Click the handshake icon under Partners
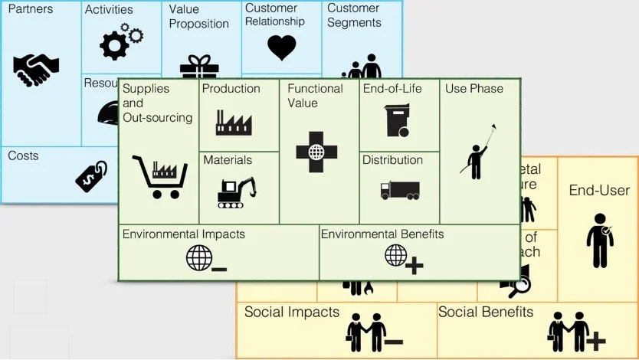tap(36, 70)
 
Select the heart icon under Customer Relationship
tap(281, 47)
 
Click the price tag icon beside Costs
tap(91, 175)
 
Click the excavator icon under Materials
tap(236, 192)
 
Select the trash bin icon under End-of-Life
tap(396, 120)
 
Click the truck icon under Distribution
tap(400, 190)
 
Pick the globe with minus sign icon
tap(205, 258)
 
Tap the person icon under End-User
tap(599, 240)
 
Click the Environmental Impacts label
tap(184, 234)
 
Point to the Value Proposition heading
tap(198, 17)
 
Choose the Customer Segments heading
tap(354, 16)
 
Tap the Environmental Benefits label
tap(382, 234)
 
